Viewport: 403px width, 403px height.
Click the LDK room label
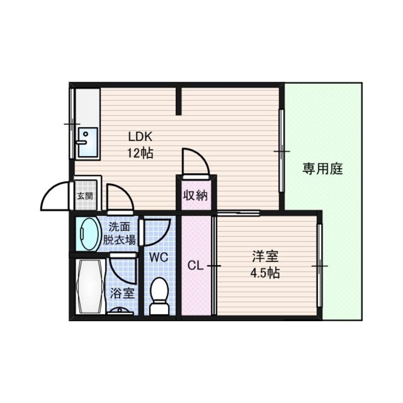pos(140,137)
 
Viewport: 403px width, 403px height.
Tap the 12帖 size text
pos(140,153)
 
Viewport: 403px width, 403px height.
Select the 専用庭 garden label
pos(322,169)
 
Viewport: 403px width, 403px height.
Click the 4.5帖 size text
pos(265,274)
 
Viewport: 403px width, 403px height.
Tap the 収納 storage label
pos(195,196)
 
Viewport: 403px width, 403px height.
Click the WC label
pos(160,257)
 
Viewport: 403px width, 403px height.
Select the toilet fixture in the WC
pos(159,296)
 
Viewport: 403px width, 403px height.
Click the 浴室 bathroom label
pos(122,293)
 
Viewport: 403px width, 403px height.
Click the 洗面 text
pos(119,227)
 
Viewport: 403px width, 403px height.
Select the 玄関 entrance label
pos(85,196)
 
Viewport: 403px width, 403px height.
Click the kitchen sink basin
pos(88,141)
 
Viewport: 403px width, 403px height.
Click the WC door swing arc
pos(156,232)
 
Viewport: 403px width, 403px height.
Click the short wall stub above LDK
pos(179,100)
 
